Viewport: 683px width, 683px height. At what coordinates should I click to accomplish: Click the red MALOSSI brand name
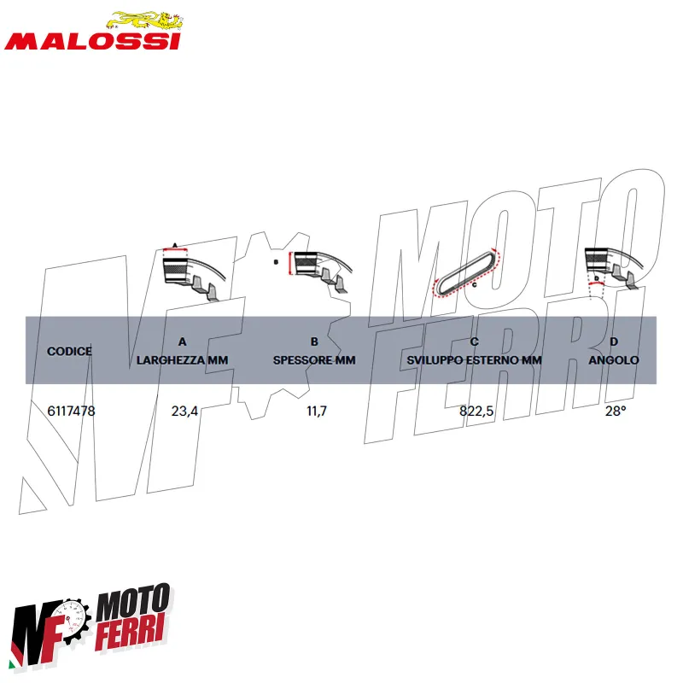[x=92, y=41]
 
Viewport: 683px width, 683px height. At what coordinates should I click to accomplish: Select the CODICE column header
[x=70, y=351]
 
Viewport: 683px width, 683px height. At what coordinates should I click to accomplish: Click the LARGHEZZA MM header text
[x=182, y=360]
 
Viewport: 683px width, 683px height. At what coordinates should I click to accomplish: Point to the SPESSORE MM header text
[x=314, y=360]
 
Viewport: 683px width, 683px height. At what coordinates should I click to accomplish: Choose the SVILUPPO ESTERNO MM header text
[x=475, y=360]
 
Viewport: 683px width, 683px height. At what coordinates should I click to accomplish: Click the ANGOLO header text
[x=614, y=360]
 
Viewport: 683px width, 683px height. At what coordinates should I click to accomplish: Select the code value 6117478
[x=71, y=411]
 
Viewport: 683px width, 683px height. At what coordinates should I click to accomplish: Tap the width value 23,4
[x=184, y=411]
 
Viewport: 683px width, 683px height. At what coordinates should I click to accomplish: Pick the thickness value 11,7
[x=317, y=411]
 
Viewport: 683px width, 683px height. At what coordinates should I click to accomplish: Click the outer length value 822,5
[x=476, y=411]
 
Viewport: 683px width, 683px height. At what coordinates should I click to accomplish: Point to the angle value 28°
[x=616, y=411]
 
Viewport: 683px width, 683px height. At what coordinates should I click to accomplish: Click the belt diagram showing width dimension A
[x=195, y=272]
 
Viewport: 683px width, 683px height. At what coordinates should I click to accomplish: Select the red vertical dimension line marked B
[x=290, y=264]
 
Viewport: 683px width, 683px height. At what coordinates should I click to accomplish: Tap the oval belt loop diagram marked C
[x=467, y=272]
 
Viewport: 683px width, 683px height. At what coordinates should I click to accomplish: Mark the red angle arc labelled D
[x=596, y=283]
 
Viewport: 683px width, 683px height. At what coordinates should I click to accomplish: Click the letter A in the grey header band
[x=183, y=341]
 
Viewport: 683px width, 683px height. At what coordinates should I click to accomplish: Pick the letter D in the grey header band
[x=614, y=341]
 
